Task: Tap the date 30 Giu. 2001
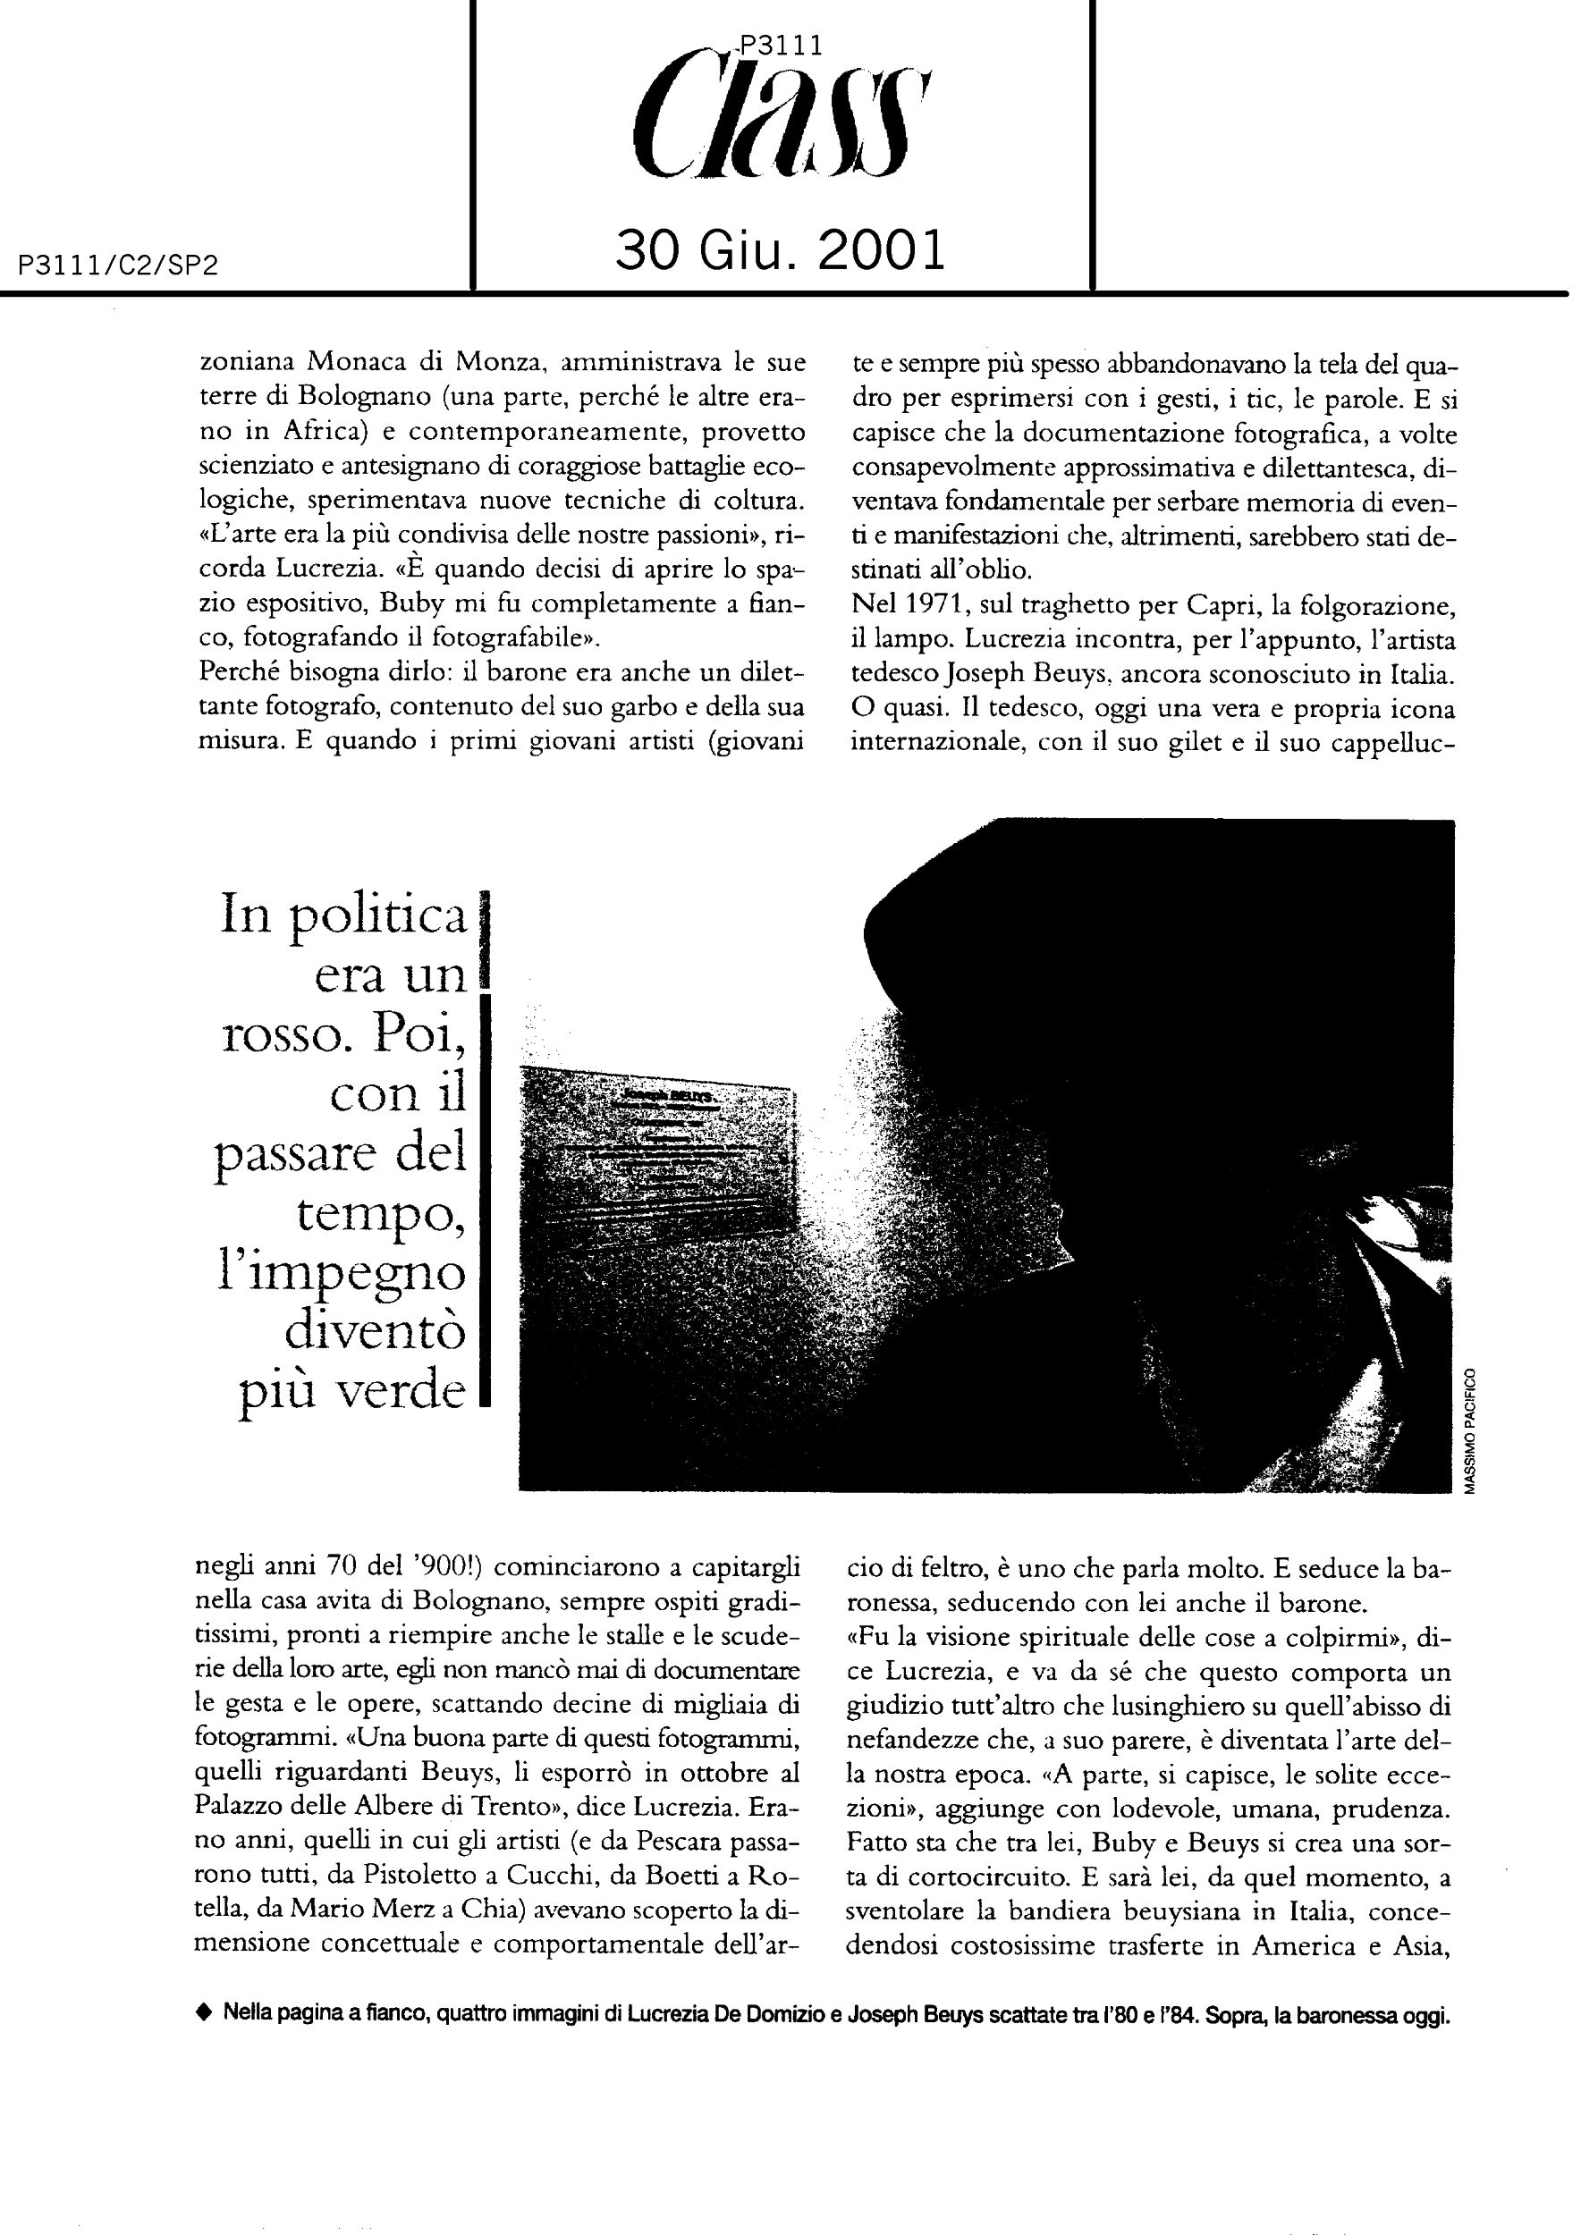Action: tap(781, 251)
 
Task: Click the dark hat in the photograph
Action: tap(1120, 924)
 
